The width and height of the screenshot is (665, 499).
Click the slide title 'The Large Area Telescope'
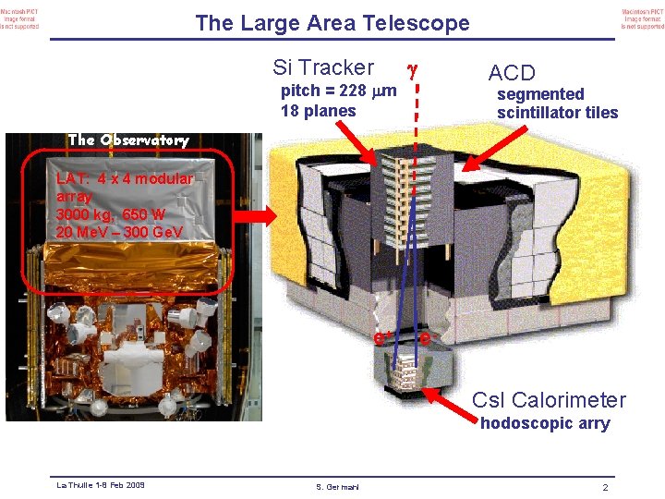coord(332,24)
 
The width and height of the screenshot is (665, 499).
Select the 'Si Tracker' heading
coord(323,67)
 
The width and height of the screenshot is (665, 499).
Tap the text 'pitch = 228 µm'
coord(338,91)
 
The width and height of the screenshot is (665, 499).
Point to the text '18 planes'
coord(318,111)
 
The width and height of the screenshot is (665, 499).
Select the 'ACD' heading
coord(512,73)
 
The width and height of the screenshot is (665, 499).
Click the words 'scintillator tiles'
coord(557,113)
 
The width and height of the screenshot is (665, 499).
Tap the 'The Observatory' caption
coord(128,140)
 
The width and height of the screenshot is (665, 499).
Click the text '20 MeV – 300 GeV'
coord(118,231)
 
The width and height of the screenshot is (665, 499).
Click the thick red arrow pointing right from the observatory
coord(249,217)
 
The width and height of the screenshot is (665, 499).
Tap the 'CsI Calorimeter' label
coord(549,400)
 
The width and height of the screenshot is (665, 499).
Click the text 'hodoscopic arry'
coord(544,423)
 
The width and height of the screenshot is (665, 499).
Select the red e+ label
coord(379,339)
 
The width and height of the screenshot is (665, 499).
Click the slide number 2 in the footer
coord(604,487)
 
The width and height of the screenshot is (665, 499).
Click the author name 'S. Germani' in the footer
coord(332,487)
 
